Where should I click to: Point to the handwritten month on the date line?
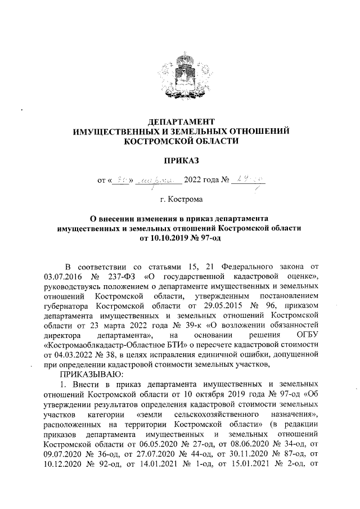pyautogui.click(x=160, y=181)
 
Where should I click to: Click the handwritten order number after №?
pyautogui.click(x=246, y=180)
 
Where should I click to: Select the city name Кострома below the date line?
pyautogui.click(x=182, y=199)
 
